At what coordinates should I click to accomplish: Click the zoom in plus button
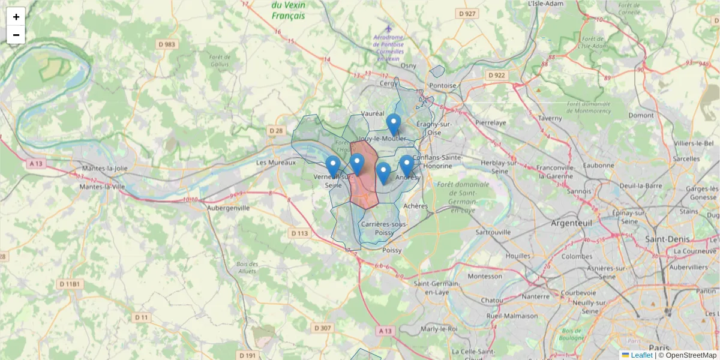(x=16, y=17)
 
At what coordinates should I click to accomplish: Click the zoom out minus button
(x=16, y=35)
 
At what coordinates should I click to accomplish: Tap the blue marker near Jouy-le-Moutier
(x=394, y=125)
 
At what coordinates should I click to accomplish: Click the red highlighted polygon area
(x=364, y=189)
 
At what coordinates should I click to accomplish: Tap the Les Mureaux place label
(x=276, y=163)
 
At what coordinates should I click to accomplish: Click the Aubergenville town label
(x=228, y=208)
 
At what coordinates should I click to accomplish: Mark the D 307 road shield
(x=322, y=328)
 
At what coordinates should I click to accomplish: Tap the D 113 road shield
(x=299, y=233)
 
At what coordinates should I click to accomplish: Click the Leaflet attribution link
(x=641, y=355)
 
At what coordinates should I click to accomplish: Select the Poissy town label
(x=392, y=250)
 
